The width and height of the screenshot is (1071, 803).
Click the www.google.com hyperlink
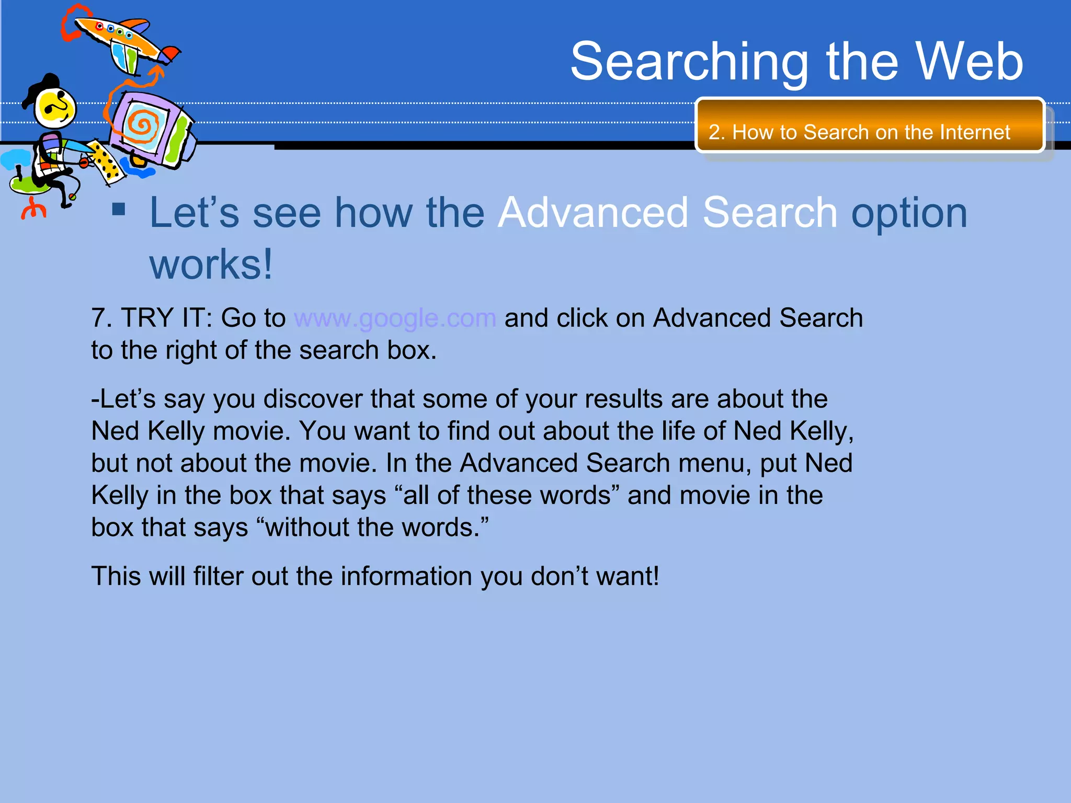pos(395,318)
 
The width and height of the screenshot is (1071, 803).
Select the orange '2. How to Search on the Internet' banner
pos(869,125)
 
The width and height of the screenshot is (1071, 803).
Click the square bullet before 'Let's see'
pos(119,210)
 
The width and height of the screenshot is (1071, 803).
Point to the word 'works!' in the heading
pos(211,265)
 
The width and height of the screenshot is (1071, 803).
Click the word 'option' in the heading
pos(909,213)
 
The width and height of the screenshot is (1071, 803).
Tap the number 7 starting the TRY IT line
pos(99,318)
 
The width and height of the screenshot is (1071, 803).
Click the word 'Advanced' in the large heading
pos(593,213)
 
